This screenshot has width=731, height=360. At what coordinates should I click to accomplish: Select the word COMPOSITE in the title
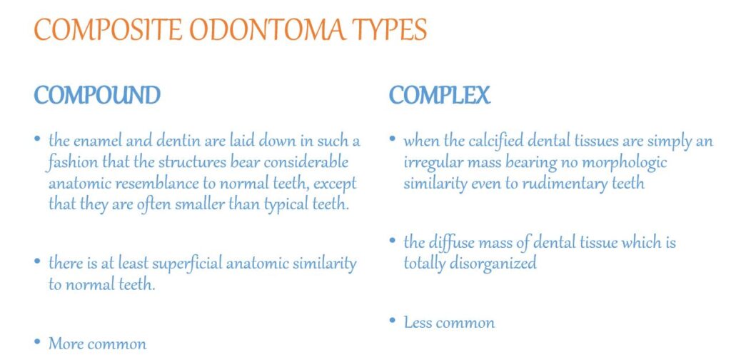[108, 30]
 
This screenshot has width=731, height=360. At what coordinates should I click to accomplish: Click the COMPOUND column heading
[97, 95]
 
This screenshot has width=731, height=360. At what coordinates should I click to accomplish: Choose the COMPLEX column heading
[439, 95]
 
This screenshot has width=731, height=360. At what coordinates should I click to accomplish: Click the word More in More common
[66, 344]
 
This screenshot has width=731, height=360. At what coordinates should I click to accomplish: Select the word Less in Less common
[418, 323]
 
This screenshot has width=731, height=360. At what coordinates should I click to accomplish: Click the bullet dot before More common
[37, 343]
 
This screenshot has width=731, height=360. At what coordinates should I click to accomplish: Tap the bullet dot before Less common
[393, 321]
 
